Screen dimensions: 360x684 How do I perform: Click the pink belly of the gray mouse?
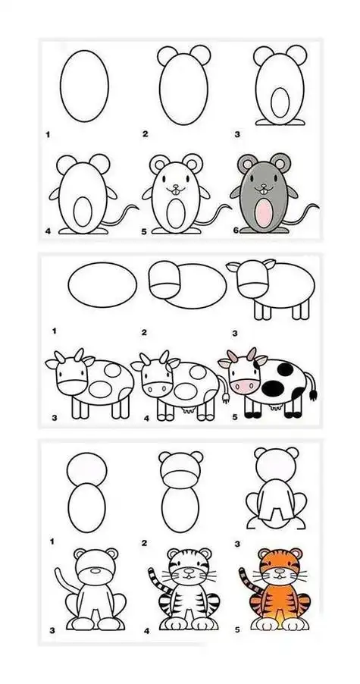[x=264, y=212]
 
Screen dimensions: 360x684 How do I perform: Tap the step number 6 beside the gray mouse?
[x=236, y=230]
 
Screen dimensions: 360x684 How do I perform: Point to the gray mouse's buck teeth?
[x=263, y=190]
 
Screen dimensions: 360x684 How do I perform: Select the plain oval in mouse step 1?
[x=84, y=86]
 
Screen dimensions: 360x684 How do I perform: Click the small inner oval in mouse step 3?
[x=280, y=102]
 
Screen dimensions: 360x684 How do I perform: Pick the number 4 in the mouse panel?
[x=48, y=231]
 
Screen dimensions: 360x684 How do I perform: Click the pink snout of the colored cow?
[x=245, y=386]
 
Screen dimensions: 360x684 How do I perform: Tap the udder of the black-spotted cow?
[x=275, y=407]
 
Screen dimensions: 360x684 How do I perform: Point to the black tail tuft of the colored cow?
[x=313, y=395]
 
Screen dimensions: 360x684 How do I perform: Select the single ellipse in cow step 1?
[x=102, y=285]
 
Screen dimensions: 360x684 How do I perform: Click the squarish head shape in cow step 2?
[x=164, y=280]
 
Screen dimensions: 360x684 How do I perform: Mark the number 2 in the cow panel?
[x=144, y=333]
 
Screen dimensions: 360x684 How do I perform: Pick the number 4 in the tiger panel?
[x=146, y=631]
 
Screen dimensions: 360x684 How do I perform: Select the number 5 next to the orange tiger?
[x=237, y=630]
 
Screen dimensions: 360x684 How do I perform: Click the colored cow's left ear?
[x=224, y=362]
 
